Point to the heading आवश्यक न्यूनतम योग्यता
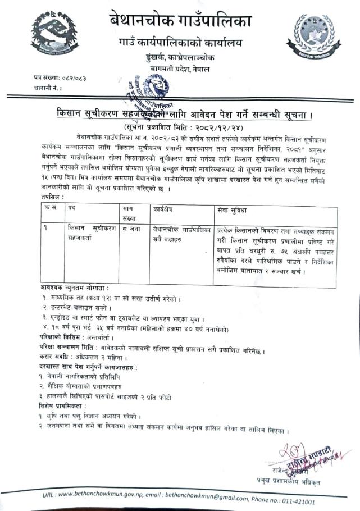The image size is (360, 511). tap(78, 287)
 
